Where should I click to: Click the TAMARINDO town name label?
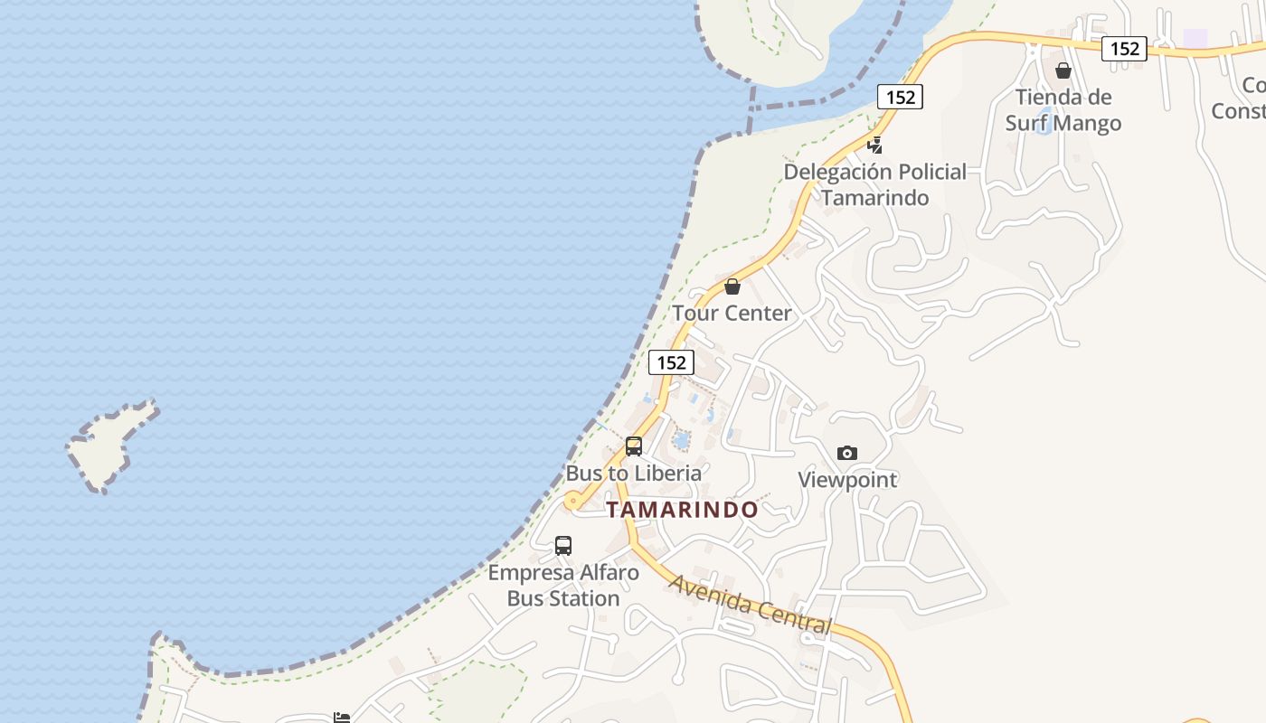click(x=683, y=510)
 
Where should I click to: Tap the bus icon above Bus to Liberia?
click(x=634, y=446)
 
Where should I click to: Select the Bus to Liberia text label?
click(x=633, y=473)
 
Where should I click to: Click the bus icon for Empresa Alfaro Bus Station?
click(x=563, y=546)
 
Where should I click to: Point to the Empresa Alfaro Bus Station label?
click(x=563, y=586)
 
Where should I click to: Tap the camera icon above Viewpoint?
click(x=847, y=453)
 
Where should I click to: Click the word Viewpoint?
click(x=847, y=480)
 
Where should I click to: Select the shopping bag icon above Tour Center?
click(x=732, y=286)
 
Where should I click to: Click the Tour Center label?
click(x=732, y=314)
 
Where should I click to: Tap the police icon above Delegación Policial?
click(x=874, y=145)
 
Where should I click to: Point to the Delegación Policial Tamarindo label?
click(x=874, y=184)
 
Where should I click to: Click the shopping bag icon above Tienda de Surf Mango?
click(x=1063, y=70)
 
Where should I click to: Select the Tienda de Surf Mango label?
click(x=1063, y=110)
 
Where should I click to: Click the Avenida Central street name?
click(x=750, y=604)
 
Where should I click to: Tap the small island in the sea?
click(x=111, y=446)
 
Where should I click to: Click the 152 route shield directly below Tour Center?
click(x=671, y=362)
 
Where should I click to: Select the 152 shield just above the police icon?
click(x=900, y=97)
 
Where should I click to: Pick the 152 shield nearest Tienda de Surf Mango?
click(x=1124, y=49)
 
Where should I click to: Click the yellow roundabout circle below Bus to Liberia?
click(x=572, y=501)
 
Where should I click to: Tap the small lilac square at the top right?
click(x=1195, y=38)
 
